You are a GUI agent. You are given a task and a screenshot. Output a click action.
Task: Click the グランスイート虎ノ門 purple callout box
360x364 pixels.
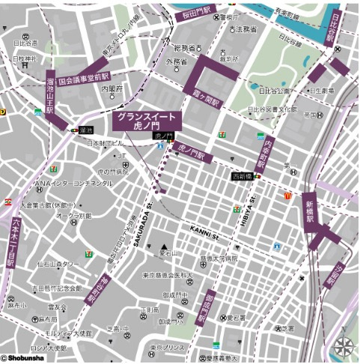(147, 121)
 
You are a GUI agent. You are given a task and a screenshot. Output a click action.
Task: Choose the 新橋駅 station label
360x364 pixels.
(310, 211)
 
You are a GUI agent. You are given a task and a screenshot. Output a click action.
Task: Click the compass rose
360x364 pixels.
(344, 346)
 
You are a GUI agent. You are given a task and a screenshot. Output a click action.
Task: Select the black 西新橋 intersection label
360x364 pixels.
(243, 176)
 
